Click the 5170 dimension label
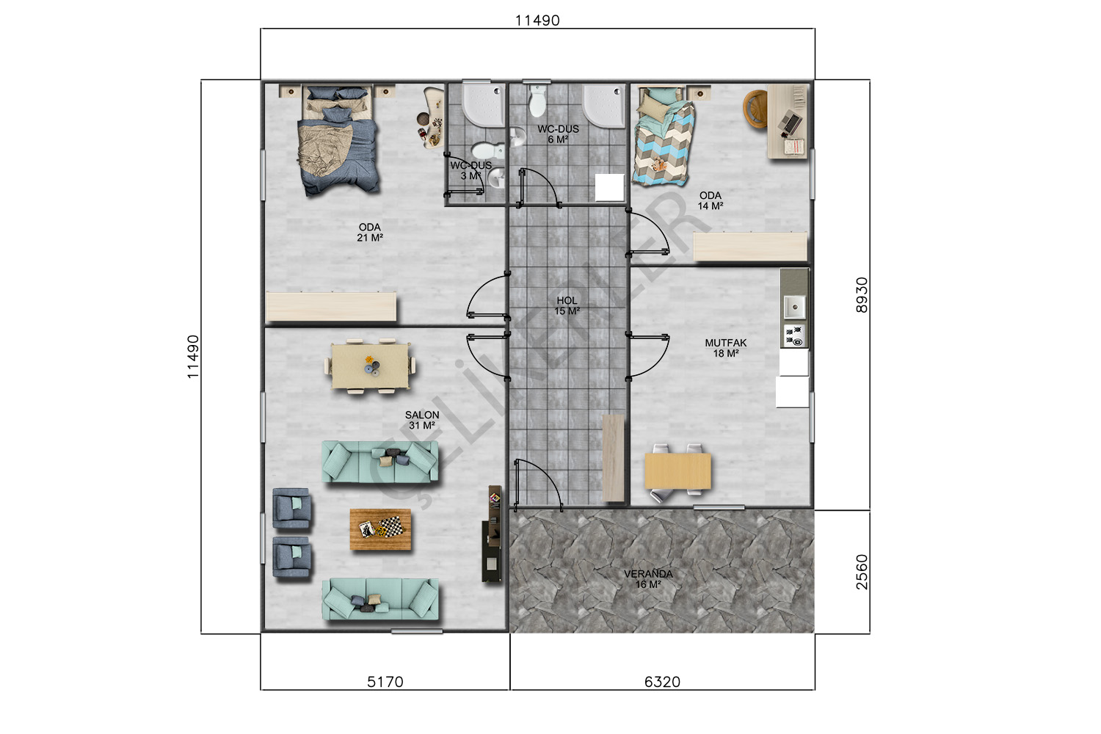pos(385,681)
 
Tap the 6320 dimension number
pos(662,681)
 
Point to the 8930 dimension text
pos(862,295)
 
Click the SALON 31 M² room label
pos(422,421)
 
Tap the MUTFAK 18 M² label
pos(725,348)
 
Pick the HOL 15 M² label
pos(567,306)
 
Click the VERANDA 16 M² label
pos(648,579)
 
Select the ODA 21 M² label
pos(370,233)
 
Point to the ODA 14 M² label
pos(711,200)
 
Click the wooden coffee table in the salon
pos(380,529)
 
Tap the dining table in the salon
pos(370,366)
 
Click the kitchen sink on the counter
pos(793,308)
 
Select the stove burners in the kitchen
pos(793,335)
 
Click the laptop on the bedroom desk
pos(790,121)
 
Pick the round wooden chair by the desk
pos(755,109)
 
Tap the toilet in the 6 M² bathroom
pos(538,101)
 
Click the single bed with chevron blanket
pos(663,137)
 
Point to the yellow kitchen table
pos(677,471)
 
